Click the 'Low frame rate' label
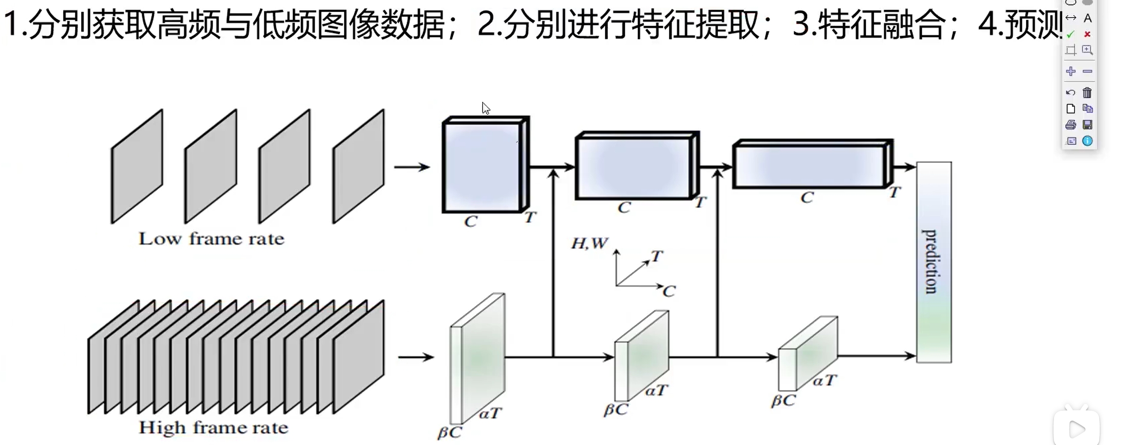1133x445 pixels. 211,239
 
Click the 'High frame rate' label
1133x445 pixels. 213,427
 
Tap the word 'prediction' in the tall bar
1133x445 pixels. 929,261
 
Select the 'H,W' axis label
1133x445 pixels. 589,243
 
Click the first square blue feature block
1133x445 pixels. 482,167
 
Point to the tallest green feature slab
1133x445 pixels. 477,358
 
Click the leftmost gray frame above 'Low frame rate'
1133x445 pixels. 137,167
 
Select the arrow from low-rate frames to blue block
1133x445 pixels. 412,167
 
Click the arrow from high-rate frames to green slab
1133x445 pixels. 416,357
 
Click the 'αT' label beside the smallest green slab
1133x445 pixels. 825,381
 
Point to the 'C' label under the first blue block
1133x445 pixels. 471,221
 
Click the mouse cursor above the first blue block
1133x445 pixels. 485,108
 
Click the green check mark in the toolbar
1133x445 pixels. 1071,34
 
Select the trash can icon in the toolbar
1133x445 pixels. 1087,93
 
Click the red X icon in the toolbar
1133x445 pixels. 1087,34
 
